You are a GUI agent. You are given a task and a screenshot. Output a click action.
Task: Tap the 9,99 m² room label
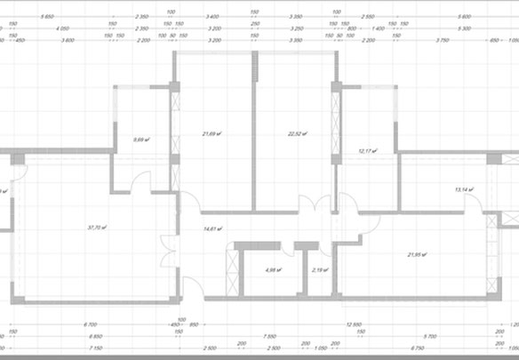(x=139, y=140)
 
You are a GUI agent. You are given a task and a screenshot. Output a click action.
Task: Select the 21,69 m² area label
(x=212, y=134)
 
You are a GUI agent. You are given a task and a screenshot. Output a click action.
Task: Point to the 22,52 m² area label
(x=297, y=134)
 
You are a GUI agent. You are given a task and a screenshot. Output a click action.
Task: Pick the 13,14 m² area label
(x=464, y=189)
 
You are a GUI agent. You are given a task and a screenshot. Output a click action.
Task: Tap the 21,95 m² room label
(x=417, y=255)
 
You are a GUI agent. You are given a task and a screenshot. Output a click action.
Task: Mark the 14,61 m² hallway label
(x=211, y=229)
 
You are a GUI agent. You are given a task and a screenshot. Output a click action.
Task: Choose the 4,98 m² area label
(x=273, y=269)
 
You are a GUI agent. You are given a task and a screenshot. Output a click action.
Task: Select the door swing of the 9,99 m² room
(x=140, y=182)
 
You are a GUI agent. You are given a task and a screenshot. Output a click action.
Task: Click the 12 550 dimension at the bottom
(x=355, y=325)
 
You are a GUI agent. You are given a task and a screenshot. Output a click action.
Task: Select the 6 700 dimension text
(x=91, y=325)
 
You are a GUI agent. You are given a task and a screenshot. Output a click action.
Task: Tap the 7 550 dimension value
(x=267, y=337)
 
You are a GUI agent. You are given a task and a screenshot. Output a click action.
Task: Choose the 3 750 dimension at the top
(x=442, y=39)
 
